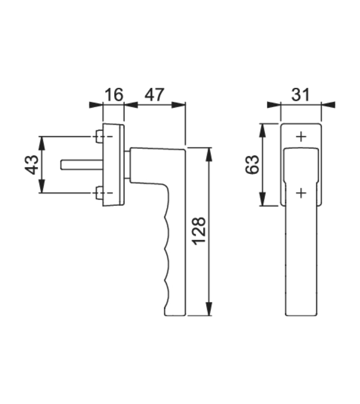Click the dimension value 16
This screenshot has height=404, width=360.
pyautogui.click(x=114, y=94)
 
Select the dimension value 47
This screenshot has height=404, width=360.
pyautogui.click(x=154, y=94)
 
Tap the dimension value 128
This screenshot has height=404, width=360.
pyautogui.click(x=199, y=231)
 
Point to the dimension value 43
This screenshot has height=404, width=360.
pyautogui.click(x=31, y=165)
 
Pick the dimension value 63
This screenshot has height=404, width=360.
pyautogui.click(x=252, y=165)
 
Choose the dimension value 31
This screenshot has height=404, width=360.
pyautogui.click(x=300, y=94)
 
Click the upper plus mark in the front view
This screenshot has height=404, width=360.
pyautogui.click(x=301, y=137)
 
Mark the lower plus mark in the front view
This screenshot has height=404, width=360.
pyautogui.click(x=301, y=193)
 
